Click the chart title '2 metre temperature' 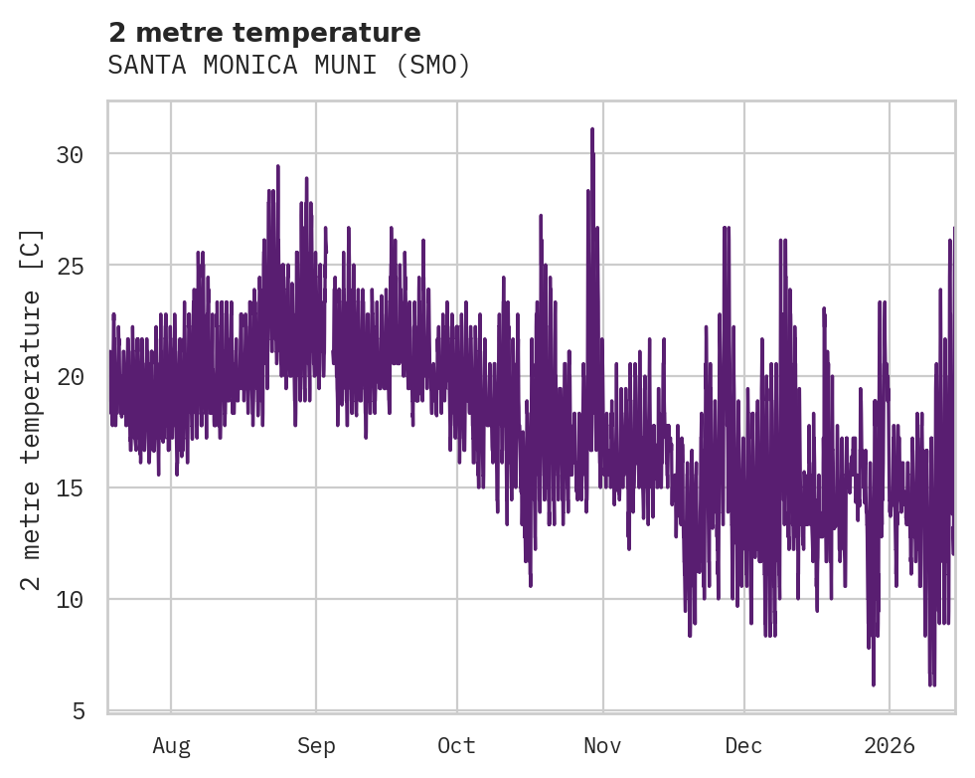click(264, 33)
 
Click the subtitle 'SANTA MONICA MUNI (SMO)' click(288, 66)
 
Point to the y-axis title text click(32, 409)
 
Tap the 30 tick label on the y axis click(69, 154)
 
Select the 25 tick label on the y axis click(69, 266)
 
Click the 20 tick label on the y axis click(69, 377)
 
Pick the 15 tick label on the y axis click(69, 488)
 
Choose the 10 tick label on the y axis click(69, 600)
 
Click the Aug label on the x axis click(171, 746)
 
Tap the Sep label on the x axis click(316, 746)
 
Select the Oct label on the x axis click(457, 746)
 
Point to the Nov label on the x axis click(602, 746)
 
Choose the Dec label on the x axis click(743, 746)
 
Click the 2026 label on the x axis click(889, 746)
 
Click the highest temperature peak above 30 click(591, 129)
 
